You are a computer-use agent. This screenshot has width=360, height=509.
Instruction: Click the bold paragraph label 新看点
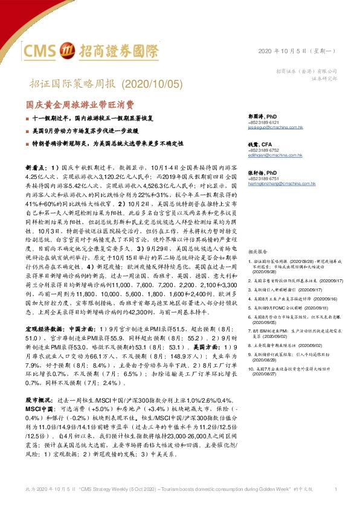tap(36, 165)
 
